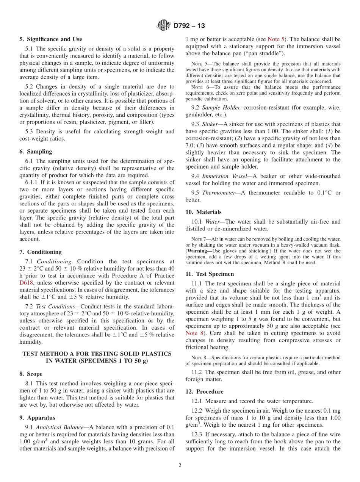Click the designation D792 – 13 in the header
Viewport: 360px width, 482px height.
189,26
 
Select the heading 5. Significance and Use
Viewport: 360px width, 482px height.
51,39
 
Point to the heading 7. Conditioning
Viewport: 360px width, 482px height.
40,252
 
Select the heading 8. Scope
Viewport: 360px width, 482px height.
31,374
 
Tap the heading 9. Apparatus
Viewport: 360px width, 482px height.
37,418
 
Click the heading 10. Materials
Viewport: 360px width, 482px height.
203,212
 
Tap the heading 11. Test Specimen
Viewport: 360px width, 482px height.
210,274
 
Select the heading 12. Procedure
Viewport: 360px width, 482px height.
204,391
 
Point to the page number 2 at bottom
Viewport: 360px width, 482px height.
180,466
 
